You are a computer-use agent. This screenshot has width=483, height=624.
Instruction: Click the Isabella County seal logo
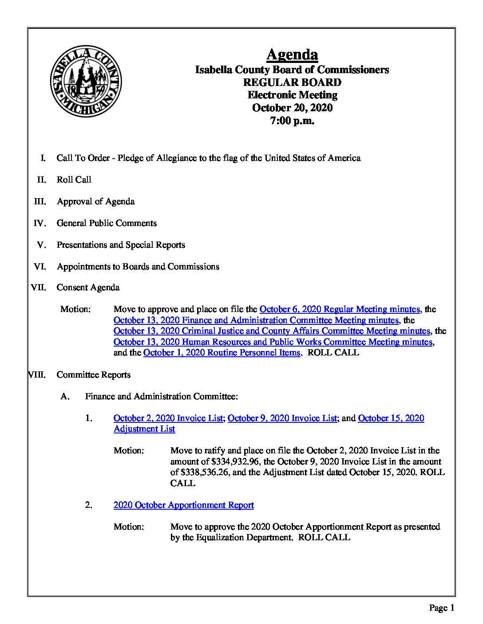point(86,82)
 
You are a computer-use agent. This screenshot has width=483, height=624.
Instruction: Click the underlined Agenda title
point(292,55)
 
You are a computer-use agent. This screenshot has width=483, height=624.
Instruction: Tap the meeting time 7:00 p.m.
point(292,120)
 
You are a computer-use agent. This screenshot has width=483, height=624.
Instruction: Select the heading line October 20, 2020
point(292,108)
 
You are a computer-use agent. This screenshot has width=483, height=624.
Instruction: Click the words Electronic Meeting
point(292,95)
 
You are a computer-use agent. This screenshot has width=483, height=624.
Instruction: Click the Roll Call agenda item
point(74,179)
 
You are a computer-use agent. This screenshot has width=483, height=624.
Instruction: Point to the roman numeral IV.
point(40,223)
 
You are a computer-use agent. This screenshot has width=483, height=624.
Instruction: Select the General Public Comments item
point(107,223)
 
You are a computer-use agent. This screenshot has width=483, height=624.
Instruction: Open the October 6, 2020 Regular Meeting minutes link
point(340,309)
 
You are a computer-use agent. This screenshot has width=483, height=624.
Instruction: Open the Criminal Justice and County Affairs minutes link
point(272,331)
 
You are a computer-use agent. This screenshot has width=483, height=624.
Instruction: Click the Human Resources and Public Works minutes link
point(273,342)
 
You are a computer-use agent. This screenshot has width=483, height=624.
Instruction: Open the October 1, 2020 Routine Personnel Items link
point(222,353)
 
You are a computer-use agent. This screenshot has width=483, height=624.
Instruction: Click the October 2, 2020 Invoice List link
point(168,418)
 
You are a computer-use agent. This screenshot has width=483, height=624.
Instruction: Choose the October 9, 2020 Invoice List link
point(282,418)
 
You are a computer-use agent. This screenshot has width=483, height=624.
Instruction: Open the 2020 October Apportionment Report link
point(184,505)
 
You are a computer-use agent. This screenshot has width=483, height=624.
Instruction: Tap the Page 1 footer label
point(441,608)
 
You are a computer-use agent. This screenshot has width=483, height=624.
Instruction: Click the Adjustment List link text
point(144,429)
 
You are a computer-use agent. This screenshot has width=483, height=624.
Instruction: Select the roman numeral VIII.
point(37,374)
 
